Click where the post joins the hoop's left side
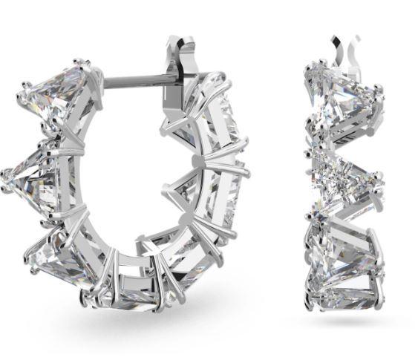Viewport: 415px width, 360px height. [104, 82]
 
